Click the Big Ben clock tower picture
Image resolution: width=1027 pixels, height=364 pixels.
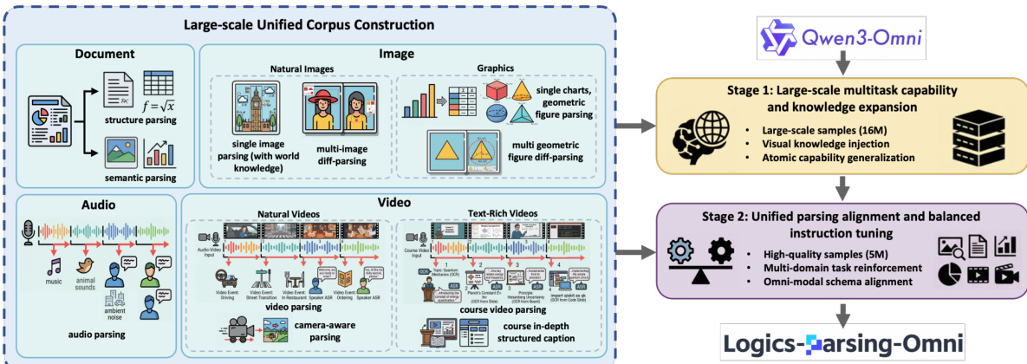coord(257,106)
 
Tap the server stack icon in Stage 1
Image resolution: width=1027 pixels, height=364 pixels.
coord(974,139)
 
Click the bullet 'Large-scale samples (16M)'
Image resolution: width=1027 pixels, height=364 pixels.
coord(821,130)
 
